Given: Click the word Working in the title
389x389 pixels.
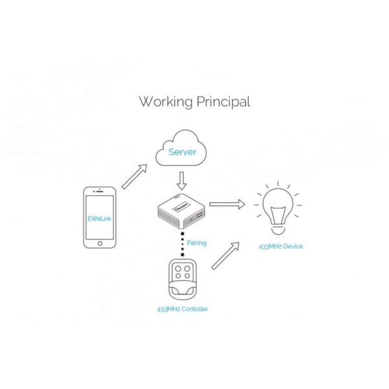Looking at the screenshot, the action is point(165,102).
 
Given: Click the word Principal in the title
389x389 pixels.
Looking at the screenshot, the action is point(224,102).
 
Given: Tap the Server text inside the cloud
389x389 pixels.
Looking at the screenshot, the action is point(182,152).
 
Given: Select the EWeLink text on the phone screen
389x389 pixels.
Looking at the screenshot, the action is point(99,218).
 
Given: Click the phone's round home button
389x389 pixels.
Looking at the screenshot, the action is point(100,243).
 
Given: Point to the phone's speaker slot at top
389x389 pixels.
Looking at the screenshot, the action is point(100,191).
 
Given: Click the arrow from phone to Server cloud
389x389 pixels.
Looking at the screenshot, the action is point(134,176).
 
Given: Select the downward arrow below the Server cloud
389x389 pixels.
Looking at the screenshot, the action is point(182,181).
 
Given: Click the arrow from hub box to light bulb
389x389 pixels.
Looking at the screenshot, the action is point(228,204).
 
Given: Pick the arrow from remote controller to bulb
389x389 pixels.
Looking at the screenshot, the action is point(225,255).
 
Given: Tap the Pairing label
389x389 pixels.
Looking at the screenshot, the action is point(196,242).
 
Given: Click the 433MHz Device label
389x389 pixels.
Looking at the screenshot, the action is point(281,246).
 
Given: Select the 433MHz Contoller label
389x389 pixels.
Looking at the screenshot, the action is point(182,309).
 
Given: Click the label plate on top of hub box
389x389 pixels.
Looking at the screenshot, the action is point(181,207).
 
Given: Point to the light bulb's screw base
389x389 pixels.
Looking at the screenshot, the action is point(277,230).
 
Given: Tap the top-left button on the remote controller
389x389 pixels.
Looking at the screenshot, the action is point(178,268).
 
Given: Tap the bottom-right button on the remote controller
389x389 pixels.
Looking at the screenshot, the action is point(187,276).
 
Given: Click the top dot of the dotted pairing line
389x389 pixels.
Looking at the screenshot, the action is point(182,233).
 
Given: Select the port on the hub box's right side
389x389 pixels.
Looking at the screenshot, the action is point(199,216).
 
